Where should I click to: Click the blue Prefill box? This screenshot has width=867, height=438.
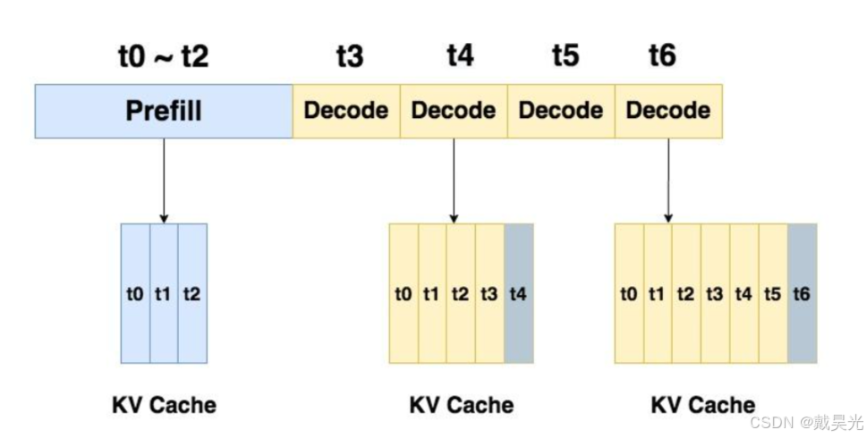(x=164, y=111)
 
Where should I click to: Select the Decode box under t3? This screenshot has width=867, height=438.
(x=346, y=111)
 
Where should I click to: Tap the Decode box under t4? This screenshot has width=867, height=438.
(x=454, y=111)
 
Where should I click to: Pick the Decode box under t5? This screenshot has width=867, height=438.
(x=561, y=111)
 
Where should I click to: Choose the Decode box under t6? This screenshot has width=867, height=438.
(x=668, y=111)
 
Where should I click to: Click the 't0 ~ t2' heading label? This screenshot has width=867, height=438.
(x=164, y=57)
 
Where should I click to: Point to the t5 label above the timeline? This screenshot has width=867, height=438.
(x=565, y=57)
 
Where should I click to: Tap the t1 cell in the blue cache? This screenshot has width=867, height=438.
(x=164, y=293)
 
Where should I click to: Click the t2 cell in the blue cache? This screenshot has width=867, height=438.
(x=191, y=293)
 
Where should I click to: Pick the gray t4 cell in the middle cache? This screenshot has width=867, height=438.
(x=519, y=293)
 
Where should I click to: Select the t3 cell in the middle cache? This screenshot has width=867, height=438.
(x=489, y=293)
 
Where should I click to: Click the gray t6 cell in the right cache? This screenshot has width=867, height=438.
(x=802, y=293)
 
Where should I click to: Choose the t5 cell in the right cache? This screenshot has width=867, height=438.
(x=772, y=293)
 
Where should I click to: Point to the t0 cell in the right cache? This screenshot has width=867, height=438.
(x=629, y=293)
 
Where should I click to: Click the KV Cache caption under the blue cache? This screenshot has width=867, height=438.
(x=164, y=405)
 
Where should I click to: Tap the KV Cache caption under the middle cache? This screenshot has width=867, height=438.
(x=462, y=405)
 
